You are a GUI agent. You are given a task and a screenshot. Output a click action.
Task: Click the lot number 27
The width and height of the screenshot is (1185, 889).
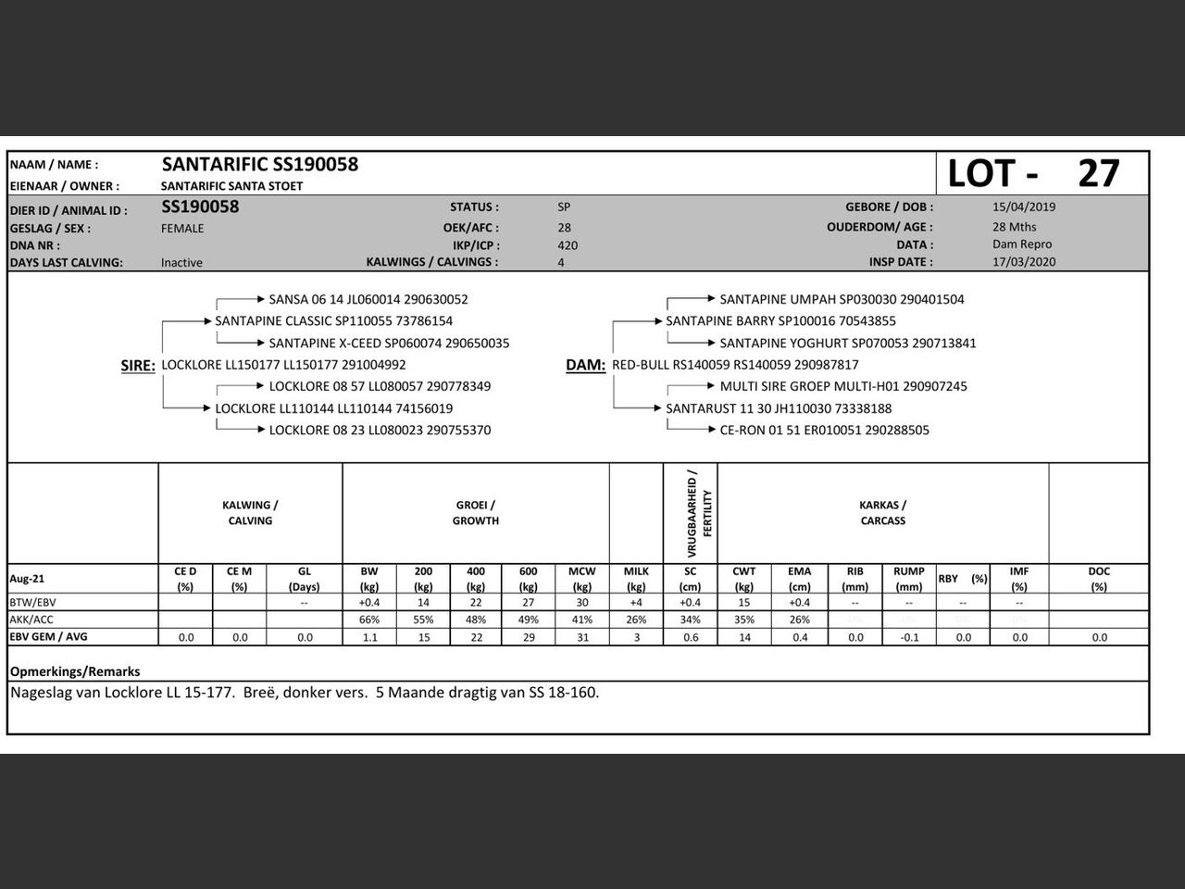pyautogui.click(x=1099, y=173)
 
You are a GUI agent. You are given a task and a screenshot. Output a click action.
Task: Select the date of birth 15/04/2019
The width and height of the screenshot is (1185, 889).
pyautogui.click(x=1024, y=207)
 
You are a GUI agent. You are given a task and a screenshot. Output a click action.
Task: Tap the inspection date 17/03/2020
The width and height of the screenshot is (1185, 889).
pyautogui.click(x=1024, y=261)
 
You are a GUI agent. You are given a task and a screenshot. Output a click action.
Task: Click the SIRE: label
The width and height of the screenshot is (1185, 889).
pyautogui.click(x=138, y=366)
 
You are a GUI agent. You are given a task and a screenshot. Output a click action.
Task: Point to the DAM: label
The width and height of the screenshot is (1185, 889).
pyautogui.click(x=585, y=366)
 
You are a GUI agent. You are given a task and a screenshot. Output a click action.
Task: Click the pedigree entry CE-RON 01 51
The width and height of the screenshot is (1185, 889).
pyautogui.click(x=824, y=431)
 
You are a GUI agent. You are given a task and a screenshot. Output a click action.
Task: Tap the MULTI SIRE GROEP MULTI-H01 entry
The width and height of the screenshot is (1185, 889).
pyautogui.click(x=842, y=387)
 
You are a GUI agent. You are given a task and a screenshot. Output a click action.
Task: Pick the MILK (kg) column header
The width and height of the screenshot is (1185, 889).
pyautogui.click(x=636, y=579)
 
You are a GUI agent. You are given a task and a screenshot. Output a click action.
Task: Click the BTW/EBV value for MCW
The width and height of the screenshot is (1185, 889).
pyautogui.click(x=581, y=603)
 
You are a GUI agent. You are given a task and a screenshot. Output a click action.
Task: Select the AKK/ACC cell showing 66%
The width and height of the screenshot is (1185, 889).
pyautogui.click(x=369, y=620)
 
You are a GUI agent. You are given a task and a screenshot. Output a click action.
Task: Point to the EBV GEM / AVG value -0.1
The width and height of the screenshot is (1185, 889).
pyautogui.click(x=909, y=637)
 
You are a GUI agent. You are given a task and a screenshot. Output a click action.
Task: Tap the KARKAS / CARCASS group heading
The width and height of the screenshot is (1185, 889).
pyautogui.click(x=882, y=513)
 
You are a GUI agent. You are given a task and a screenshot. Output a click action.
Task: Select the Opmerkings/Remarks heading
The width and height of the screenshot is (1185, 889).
pyautogui.click(x=75, y=671)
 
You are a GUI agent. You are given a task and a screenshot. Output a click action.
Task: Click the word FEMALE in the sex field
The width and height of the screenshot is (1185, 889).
pyautogui.click(x=182, y=228)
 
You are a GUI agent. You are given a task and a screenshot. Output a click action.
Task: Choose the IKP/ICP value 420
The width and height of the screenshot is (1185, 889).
pyautogui.click(x=568, y=245)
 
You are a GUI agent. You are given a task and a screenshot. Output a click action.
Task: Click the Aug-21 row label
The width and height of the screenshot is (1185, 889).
pyautogui.click(x=27, y=579)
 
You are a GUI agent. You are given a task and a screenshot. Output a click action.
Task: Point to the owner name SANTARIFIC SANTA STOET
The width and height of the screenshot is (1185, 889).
pyautogui.click(x=231, y=186)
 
